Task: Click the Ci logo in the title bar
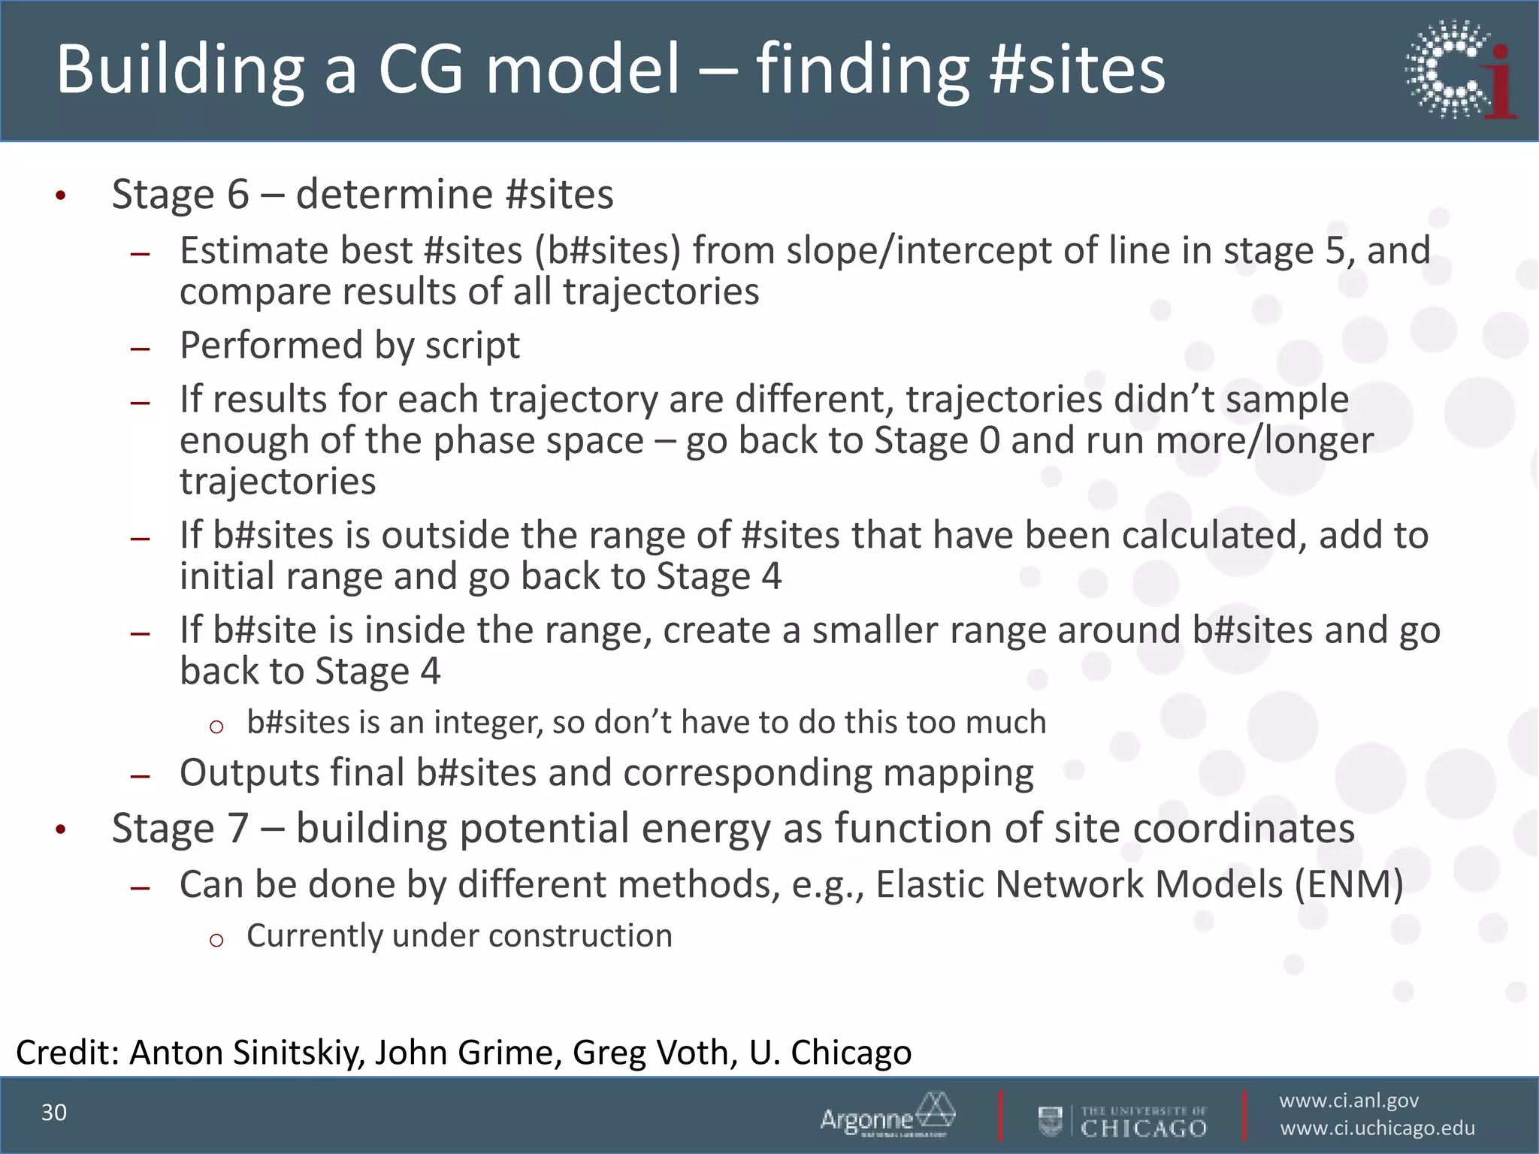(1460, 70)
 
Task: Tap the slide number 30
(54, 1113)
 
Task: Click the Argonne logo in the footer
(887, 1115)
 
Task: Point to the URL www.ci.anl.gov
(1349, 1101)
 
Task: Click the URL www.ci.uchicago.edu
(1377, 1128)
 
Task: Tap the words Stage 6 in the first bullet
(180, 194)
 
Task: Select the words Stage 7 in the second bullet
(180, 829)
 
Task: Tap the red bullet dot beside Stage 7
(61, 830)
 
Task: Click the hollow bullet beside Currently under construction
(216, 939)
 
